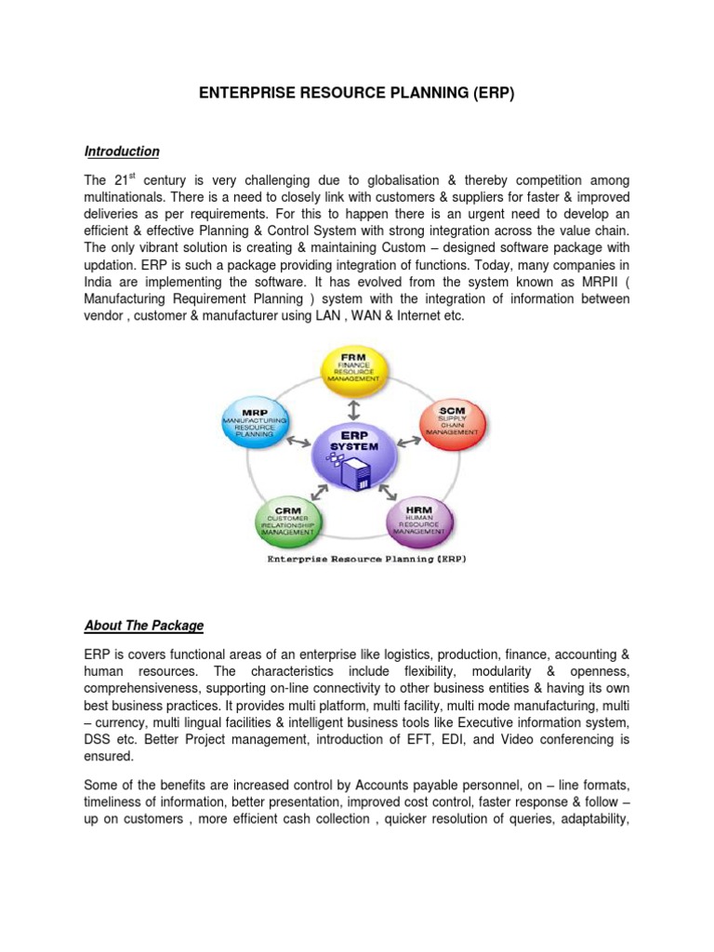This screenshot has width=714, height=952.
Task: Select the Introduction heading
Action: (122, 152)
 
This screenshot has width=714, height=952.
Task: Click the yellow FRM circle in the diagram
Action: (353, 369)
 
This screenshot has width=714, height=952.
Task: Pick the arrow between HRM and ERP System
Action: (391, 490)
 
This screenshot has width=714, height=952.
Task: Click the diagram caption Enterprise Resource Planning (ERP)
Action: (354, 559)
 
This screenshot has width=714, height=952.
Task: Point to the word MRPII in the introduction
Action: (583, 283)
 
